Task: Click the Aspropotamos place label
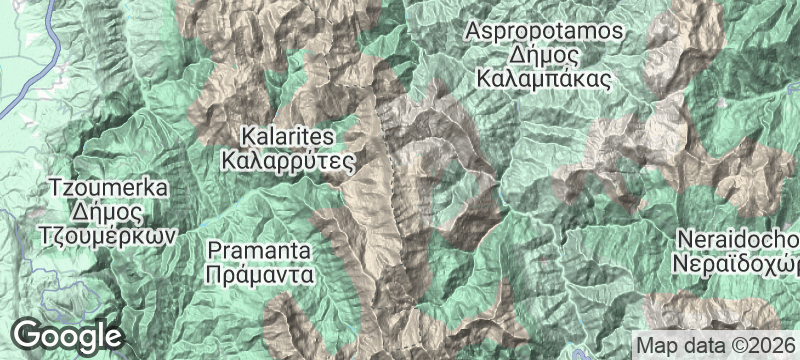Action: coord(544,31)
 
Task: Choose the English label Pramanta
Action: coord(260,248)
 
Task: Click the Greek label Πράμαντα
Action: coord(260,272)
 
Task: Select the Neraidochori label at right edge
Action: coord(738,241)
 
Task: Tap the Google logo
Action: coord(68,333)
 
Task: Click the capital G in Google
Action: coord(30,333)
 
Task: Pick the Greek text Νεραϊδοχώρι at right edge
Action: coord(738,265)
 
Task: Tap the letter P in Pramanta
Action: coord(212,248)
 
